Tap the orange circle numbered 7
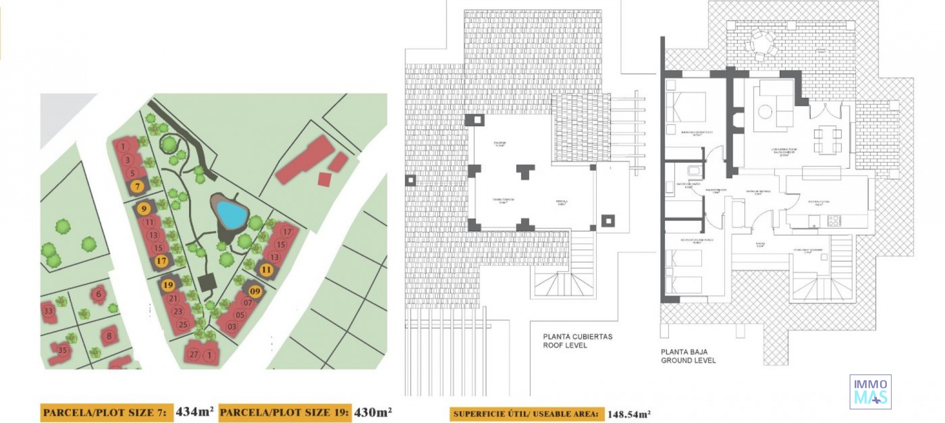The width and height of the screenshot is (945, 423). click(x=137, y=186)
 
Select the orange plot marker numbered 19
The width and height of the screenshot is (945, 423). click(x=168, y=285)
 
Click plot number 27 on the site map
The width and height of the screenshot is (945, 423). click(x=194, y=355)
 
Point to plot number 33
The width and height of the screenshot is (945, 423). click(x=48, y=311)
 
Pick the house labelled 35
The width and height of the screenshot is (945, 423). click(x=63, y=350)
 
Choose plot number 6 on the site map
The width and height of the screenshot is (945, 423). click(x=98, y=294)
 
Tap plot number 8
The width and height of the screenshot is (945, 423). click(x=109, y=336)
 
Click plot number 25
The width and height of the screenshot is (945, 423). click(x=183, y=325)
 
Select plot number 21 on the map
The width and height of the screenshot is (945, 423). click(x=173, y=298)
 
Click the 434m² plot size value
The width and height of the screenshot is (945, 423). click(x=194, y=412)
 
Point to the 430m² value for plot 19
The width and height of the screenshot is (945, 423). click(x=373, y=412)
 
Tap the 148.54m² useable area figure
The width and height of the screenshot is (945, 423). click(x=629, y=414)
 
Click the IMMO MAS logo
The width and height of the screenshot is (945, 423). click(x=870, y=392)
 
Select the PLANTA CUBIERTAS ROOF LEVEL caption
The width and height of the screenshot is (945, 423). click(x=577, y=341)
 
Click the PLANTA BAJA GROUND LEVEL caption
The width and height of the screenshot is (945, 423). click(x=688, y=356)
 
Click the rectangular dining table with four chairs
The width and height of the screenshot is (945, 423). click(x=827, y=140)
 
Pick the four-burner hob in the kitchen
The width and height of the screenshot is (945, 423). click(x=834, y=221)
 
